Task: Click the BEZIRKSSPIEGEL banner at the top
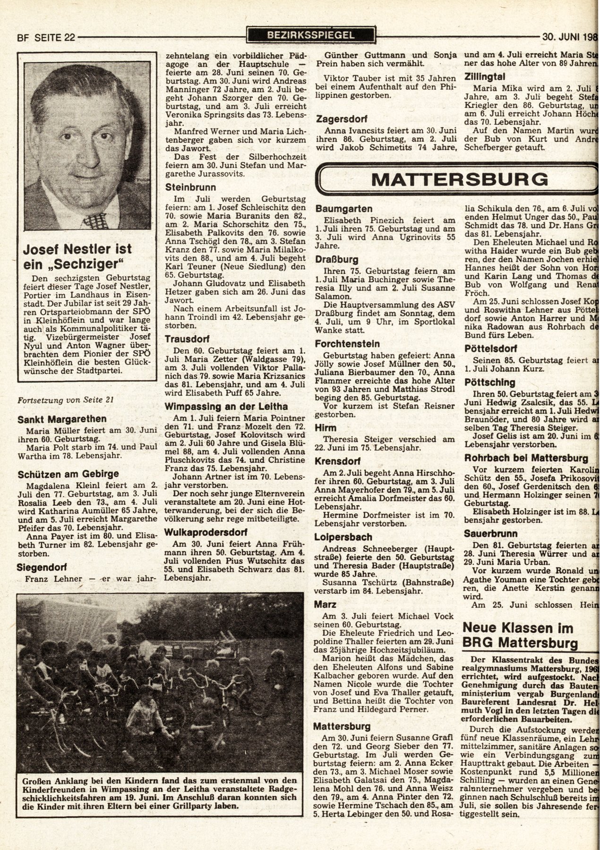click(x=310, y=34)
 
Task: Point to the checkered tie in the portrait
click(x=95, y=221)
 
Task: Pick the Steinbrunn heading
click(x=190, y=187)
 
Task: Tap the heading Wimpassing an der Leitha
click(x=226, y=406)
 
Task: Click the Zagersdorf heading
click(x=343, y=119)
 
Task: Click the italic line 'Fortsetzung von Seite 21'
click(x=65, y=399)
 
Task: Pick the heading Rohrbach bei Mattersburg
click(x=526, y=458)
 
